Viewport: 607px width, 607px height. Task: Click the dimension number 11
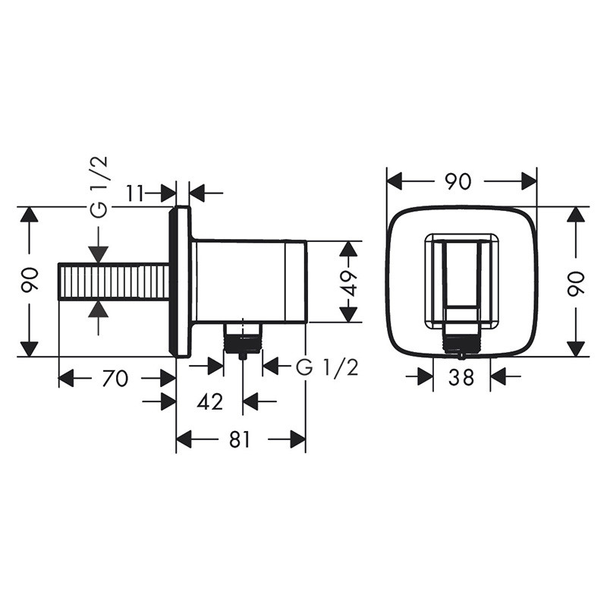136,193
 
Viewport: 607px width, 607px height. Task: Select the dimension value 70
115,378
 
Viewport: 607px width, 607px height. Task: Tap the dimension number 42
210,402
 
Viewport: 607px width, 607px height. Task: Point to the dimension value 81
240,439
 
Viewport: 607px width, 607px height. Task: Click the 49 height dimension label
350,283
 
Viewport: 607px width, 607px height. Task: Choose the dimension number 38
461,377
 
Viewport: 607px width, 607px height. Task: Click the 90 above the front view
458,181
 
